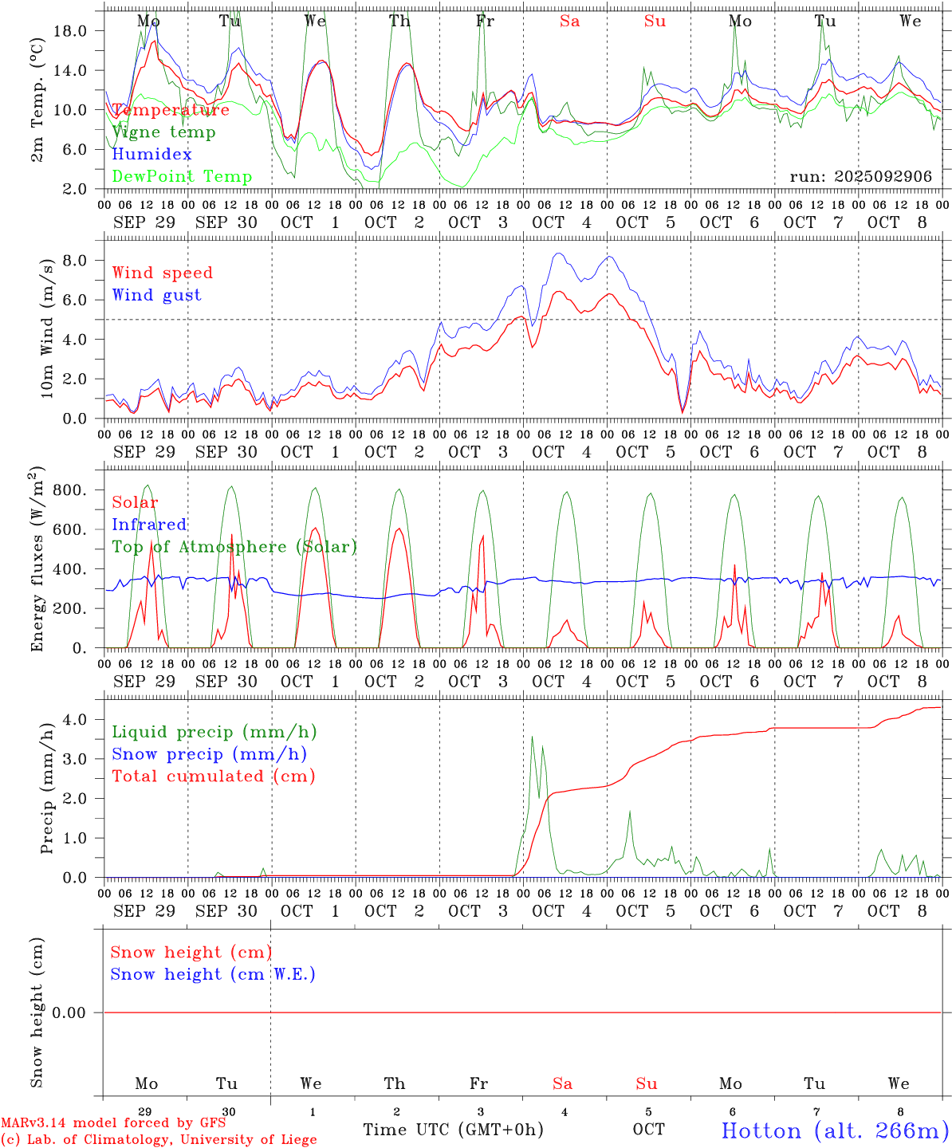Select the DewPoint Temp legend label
click(182, 177)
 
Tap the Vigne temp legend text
click(163, 132)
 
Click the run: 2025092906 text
click(860, 177)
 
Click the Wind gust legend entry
click(156, 295)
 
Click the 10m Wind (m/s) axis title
click(46, 328)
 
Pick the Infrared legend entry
click(149, 525)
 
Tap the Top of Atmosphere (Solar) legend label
click(234, 547)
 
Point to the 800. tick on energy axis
click(69, 490)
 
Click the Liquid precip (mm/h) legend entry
click(214, 732)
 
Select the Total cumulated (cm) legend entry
click(213, 776)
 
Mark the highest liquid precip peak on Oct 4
click(533, 737)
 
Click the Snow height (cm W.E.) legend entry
click(212, 974)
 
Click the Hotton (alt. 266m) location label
click(835, 1131)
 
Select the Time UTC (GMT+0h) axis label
click(453, 1130)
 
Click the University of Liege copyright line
click(159, 1140)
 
